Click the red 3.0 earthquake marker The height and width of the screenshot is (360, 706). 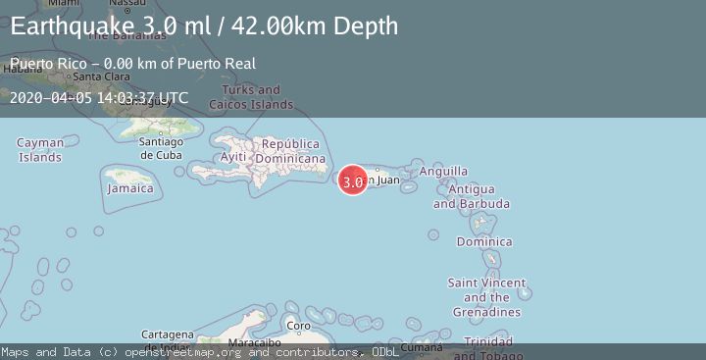353,180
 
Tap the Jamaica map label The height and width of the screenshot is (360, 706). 130,187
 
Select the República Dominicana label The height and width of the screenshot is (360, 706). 291,151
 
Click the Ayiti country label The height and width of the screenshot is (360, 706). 233,157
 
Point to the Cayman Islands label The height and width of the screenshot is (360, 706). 40,149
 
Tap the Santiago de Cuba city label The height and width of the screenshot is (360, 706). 161,147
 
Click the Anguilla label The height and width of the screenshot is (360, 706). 443,171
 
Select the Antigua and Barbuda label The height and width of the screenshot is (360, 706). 472,196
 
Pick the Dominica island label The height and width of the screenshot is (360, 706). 484,241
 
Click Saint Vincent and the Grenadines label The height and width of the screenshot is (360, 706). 486,297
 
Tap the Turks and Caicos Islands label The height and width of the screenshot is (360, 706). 251,97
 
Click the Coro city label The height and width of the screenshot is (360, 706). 298,326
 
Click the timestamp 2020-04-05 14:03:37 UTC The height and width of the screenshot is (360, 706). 99,97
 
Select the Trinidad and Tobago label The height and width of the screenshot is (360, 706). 486,347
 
